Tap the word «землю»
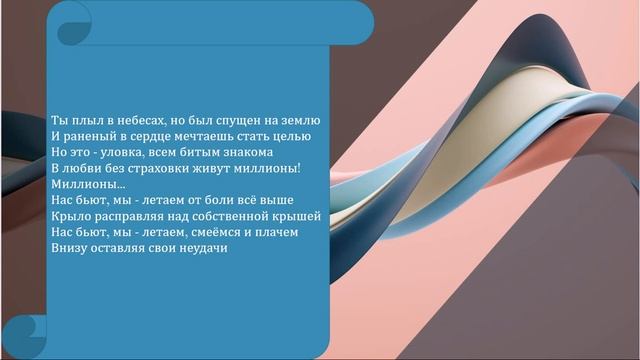point(298,120)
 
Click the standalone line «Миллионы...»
point(88,184)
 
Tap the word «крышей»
point(296,216)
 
